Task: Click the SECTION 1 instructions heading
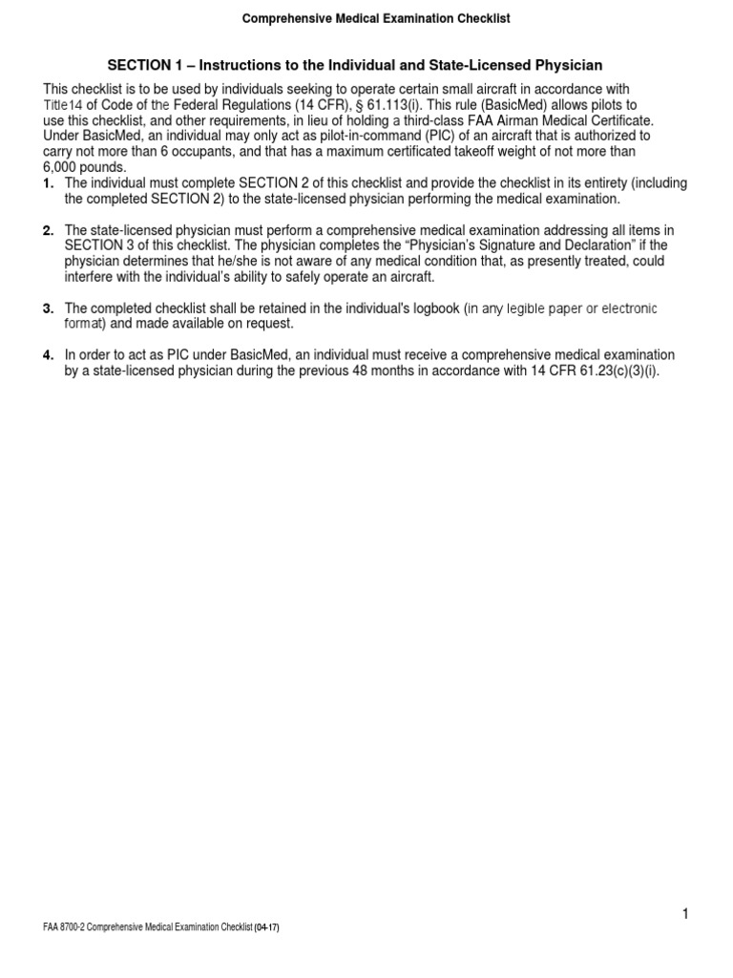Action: pos(355,65)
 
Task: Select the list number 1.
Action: pos(48,183)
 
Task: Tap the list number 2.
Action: pos(48,230)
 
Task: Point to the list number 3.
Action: pos(48,308)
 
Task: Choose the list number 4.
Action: pos(48,355)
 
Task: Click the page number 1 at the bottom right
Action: pos(684,915)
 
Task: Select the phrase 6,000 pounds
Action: pos(85,167)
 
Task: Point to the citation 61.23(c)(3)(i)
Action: pos(612,371)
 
